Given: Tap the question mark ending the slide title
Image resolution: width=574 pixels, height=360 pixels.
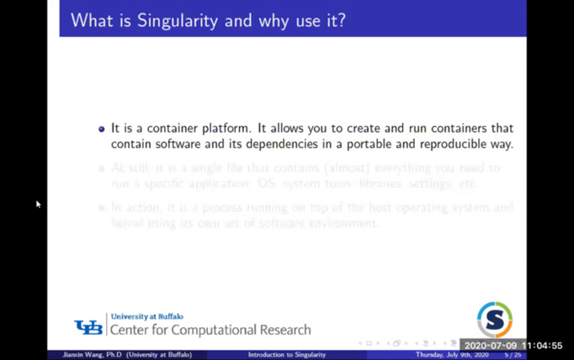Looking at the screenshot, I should click(340, 19).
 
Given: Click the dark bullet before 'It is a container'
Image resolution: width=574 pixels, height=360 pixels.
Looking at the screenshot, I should click(102, 129).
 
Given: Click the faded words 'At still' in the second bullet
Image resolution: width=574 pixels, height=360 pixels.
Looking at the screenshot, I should click(130, 168).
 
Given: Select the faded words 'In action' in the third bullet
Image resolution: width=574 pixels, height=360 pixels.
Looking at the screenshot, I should click(135, 208).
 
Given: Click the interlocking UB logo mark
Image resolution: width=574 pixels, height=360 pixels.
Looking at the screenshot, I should click(88, 327).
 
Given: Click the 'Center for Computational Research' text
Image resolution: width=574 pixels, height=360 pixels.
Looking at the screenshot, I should click(210, 330).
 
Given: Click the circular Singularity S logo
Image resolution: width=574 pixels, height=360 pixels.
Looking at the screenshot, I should click(495, 320).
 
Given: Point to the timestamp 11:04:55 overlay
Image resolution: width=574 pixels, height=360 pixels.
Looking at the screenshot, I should click(541, 346).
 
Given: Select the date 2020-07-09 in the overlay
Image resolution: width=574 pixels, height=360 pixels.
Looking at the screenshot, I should click(491, 346).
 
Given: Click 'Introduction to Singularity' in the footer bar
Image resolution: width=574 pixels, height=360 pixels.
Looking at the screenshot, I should click(286, 355).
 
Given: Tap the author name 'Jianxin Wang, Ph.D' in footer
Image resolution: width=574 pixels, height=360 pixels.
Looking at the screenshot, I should click(92, 355).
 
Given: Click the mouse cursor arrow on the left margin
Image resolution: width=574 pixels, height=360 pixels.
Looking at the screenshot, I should click(38, 203).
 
